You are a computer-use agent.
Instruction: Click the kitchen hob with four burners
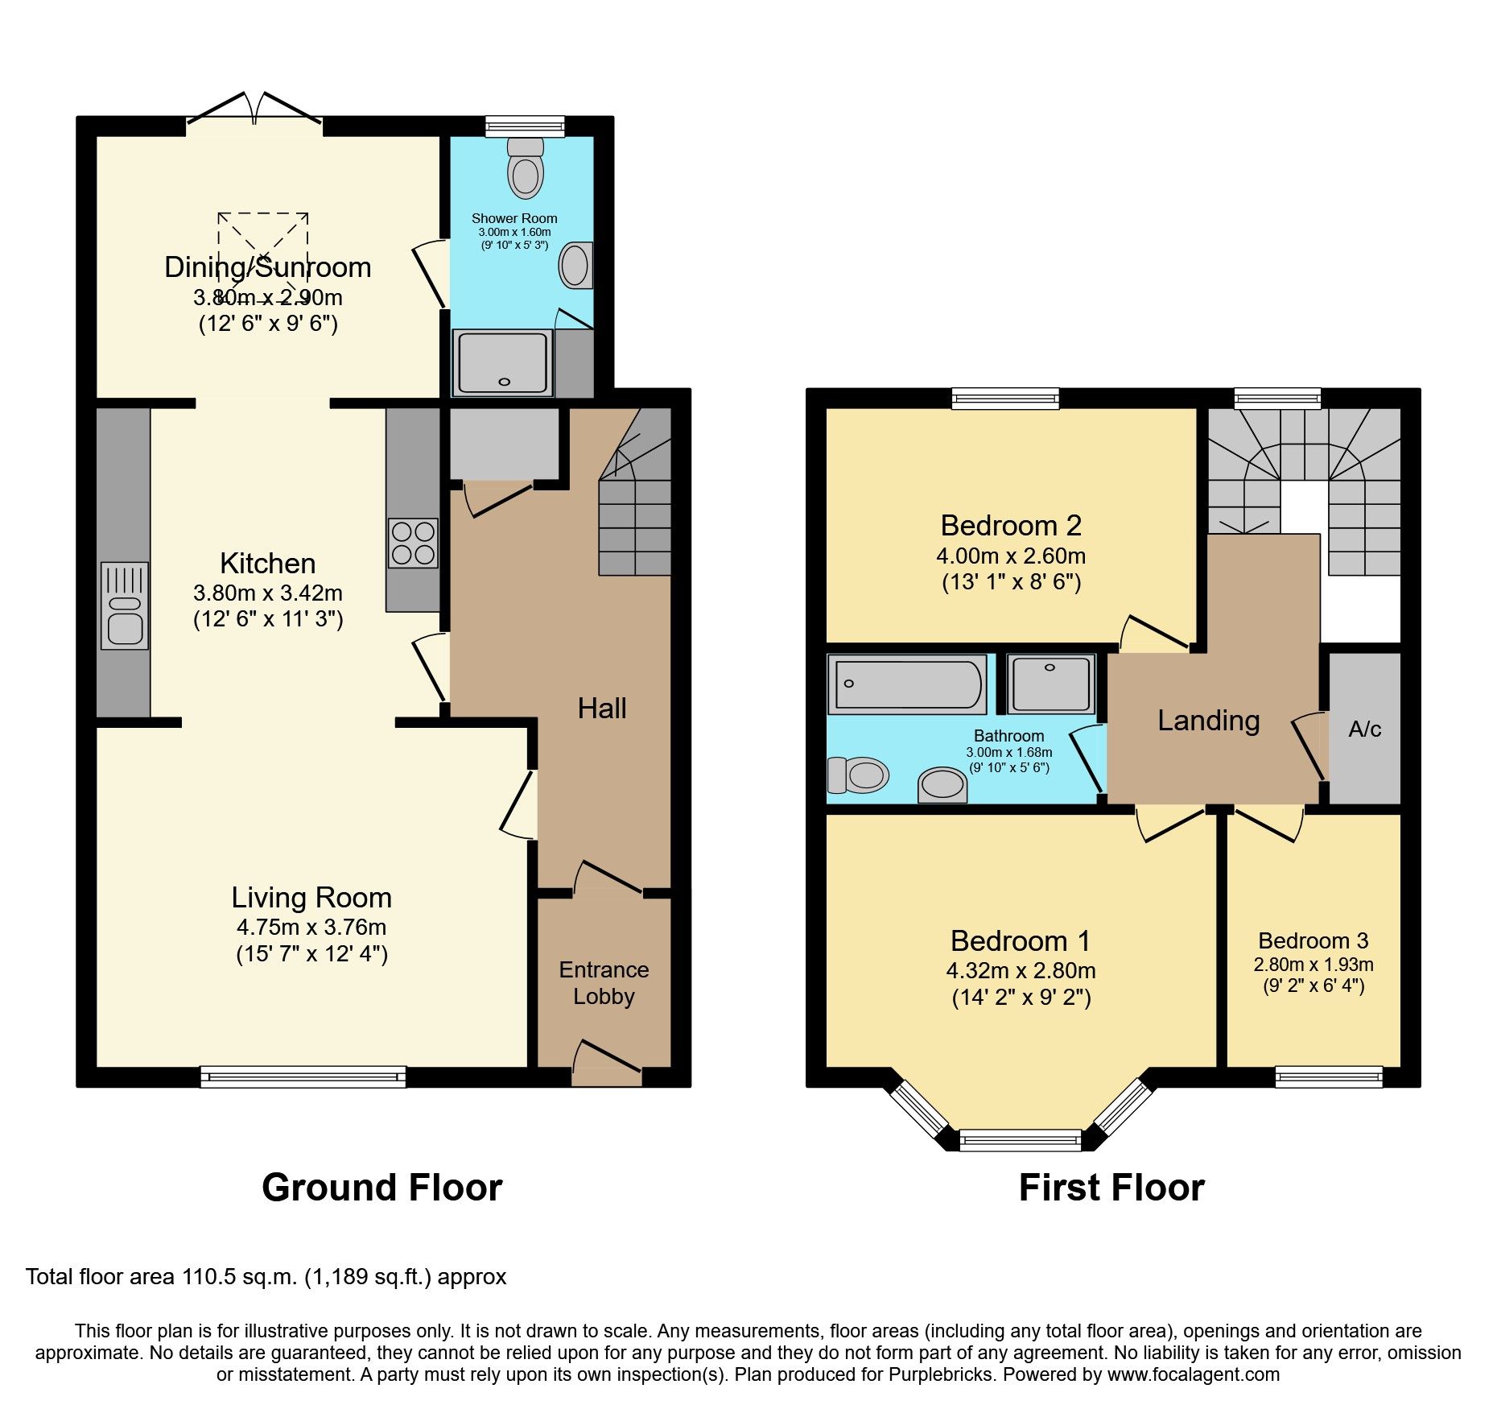click(413, 543)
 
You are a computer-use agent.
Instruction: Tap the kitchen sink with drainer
click(125, 605)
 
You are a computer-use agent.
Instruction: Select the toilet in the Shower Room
click(526, 168)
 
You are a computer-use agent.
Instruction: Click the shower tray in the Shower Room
click(503, 362)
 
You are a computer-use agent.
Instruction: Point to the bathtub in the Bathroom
click(907, 684)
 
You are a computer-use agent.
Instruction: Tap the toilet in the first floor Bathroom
click(859, 775)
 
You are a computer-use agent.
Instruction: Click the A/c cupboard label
click(1364, 729)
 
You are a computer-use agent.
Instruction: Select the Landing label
click(1208, 721)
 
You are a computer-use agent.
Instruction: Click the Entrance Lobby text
click(604, 983)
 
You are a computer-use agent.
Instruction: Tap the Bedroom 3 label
click(1313, 940)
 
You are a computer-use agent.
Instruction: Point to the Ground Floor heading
click(381, 1188)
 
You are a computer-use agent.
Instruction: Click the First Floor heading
click(1111, 1188)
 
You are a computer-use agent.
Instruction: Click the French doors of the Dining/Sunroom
click(254, 113)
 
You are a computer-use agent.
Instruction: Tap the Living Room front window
click(303, 1076)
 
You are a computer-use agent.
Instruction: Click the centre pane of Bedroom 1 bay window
click(1021, 1139)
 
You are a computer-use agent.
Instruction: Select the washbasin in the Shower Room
click(575, 266)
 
